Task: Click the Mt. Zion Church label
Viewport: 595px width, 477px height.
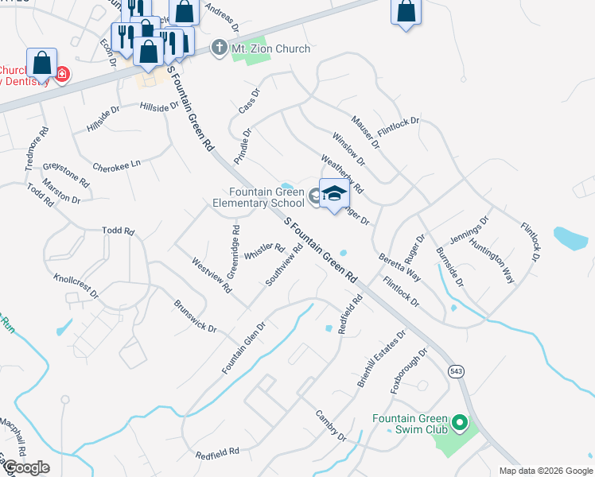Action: (270, 49)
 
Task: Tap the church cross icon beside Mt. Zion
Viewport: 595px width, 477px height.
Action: (220, 48)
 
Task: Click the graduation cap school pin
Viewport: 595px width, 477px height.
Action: (335, 193)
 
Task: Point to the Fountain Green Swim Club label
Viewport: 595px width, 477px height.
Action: (410, 424)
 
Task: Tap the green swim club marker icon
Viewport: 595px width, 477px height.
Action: (459, 424)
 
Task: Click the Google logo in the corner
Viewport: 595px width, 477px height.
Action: (25, 467)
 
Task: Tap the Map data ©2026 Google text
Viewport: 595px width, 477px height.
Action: (545, 471)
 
